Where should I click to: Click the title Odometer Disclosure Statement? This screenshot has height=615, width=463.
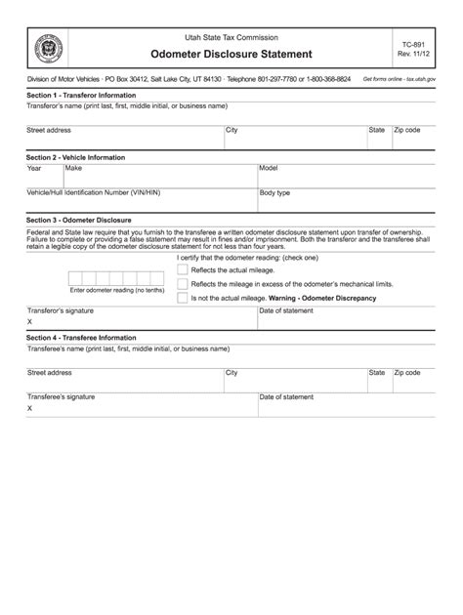point(231,54)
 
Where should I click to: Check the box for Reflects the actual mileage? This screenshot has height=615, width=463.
point(183,268)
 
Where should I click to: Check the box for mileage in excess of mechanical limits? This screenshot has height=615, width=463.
point(183,283)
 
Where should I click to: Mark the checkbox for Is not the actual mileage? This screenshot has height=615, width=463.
point(183,298)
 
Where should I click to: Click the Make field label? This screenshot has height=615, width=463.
point(74,168)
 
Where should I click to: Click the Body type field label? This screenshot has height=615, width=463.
point(274,193)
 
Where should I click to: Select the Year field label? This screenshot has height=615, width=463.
point(34,168)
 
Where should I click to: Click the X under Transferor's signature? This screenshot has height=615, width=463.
point(30,321)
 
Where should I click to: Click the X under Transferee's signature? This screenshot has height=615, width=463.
point(30,408)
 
